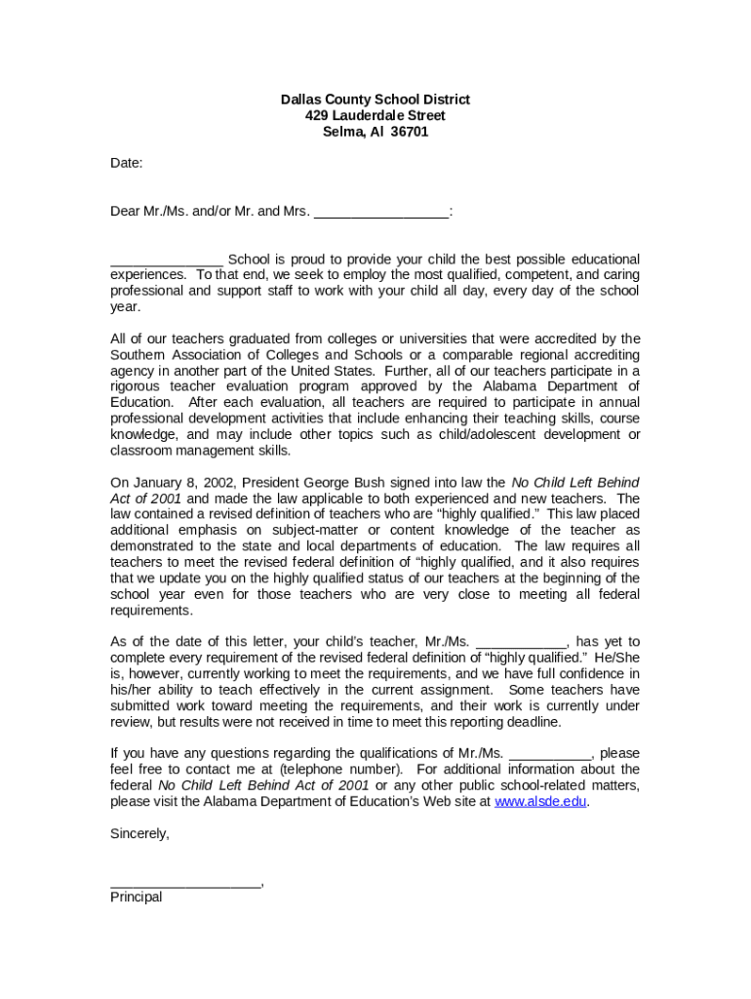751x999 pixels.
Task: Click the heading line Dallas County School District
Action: click(375, 100)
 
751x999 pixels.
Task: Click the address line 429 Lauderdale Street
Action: click(375, 116)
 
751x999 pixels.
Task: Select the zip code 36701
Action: click(409, 132)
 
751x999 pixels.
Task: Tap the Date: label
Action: click(126, 163)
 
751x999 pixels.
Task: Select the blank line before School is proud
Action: click(166, 260)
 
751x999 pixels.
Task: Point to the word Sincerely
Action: click(139, 834)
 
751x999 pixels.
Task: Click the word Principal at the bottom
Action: click(136, 897)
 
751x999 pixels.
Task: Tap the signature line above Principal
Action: click(185, 883)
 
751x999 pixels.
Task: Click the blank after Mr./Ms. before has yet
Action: click(521, 643)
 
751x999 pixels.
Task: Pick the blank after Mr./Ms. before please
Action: click(550, 754)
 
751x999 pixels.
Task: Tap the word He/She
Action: click(615, 659)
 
